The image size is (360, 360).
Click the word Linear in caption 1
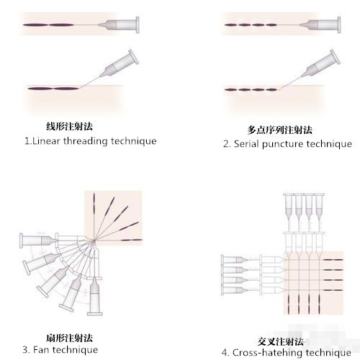pyautogui.click(x=46, y=141)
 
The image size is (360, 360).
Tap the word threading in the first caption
pyautogui.click(x=85, y=141)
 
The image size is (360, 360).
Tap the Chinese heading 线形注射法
pyautogui.click(x=69, y=126)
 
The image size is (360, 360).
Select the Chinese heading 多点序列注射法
pyautogui.click(x=280, y=130)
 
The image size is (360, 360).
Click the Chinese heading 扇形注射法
pyautogui.click(x=69, y=338)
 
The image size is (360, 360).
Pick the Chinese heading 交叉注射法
pyautogui.click(x=281, y=341)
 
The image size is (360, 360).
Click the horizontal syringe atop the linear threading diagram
pyautogui.click(x=119, y=24)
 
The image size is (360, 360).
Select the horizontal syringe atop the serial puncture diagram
pyautogui.click(x=320, y=24)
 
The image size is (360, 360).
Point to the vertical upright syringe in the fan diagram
pyautogui.click(x=94, y=296)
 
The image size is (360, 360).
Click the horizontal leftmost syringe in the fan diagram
pyautogui.click(x=39, y=240)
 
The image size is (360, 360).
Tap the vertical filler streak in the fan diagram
pyautogui.click(x=94, y=204)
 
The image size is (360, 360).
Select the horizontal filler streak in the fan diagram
pyautogui.click(x=131, y=240)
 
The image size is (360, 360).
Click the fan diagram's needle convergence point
pyautogui.click(x=94, y=240)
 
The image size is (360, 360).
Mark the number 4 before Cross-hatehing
pyautogui.click(x=225, y=353)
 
